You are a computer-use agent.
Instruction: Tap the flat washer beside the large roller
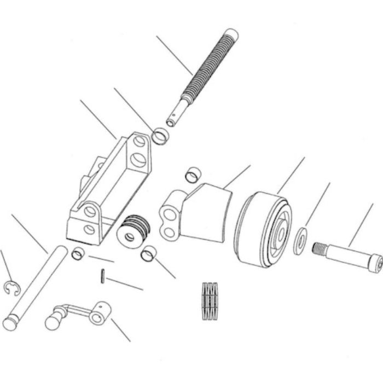(300, 241)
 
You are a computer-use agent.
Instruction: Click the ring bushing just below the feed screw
(159, 136)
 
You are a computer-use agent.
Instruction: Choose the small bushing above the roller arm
(192, 175)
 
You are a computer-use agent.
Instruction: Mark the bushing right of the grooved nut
(148, 253)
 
